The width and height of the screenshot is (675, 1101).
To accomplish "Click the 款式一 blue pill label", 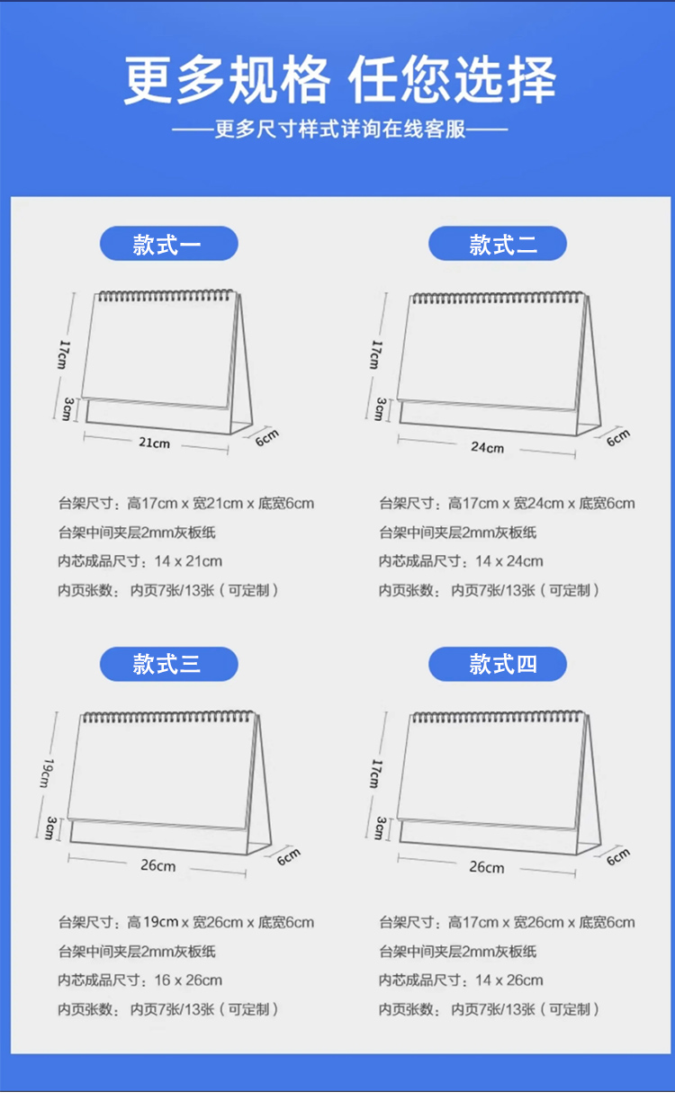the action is (x=168, y=243).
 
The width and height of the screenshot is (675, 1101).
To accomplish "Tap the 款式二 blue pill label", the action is (x=498, y=243).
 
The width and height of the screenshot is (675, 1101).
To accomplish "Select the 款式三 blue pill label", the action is (x=168, y=664).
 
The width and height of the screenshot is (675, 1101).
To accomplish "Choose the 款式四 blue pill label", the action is (x=498, y=664).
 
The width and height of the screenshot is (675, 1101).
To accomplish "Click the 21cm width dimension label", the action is (x=155, y=443).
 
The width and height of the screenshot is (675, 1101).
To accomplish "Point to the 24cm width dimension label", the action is (x=487, y=447).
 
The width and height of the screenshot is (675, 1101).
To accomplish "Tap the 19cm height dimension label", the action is (x=47, y=774).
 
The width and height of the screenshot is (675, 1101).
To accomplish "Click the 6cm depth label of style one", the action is (x=267, y=437).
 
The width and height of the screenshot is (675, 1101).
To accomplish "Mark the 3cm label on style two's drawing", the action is (x=380, y=409).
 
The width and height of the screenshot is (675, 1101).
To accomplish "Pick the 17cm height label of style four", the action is (x=376, y=774).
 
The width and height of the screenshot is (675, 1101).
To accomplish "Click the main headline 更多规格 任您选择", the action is (x=339, y=80).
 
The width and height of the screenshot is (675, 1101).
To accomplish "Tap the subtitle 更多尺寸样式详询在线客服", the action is (x=339, y=130).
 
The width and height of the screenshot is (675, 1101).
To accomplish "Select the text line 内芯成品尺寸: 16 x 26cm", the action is (x=140, y=980).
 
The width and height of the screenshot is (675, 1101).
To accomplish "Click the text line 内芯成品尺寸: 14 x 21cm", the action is (x=140, y=560).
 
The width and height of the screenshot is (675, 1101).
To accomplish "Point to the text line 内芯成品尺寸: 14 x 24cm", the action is (x=461, y=560).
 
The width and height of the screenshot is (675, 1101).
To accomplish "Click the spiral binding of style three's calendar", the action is (x=168, y=717).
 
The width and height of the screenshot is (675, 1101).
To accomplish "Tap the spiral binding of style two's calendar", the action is (x=498, y=298).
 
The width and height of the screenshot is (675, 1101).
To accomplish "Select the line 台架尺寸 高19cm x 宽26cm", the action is (x=186, y=923).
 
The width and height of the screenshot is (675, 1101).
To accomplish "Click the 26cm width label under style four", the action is (x=487, y=867).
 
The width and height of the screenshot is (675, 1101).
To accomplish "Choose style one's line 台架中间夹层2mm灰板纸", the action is (x=137, y=533).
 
